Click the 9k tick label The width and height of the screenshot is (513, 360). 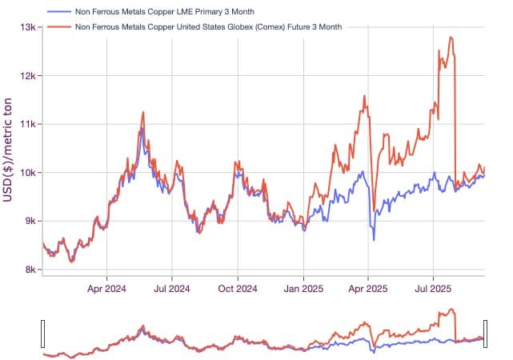coord(30,222)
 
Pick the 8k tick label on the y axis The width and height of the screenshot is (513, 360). coord(30,270)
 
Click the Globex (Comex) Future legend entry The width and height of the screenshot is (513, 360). coord(207,26)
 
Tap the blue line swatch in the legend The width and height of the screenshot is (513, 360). coord(58,13)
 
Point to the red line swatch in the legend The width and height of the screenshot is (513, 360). coord(58,26)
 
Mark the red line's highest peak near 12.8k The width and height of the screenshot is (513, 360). coord(451,37)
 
